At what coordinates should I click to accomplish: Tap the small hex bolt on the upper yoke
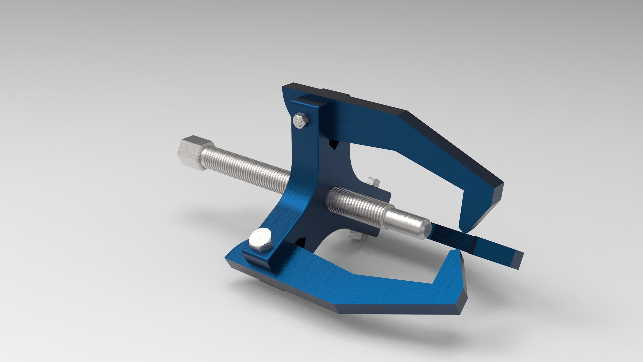click(x=301, y=121)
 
